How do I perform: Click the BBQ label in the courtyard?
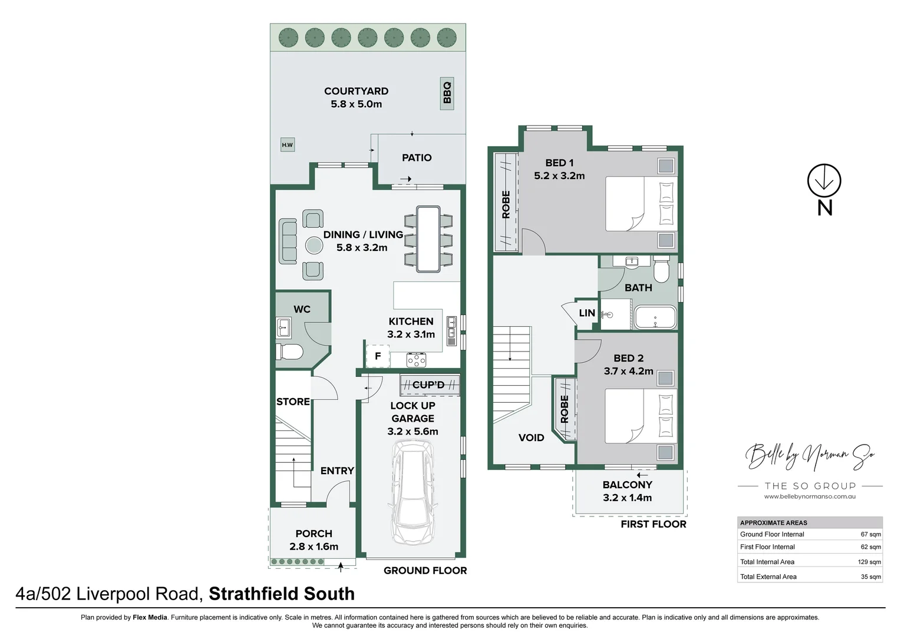(x=447, y=93)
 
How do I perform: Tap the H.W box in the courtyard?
(x=287, y=145)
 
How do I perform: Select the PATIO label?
(x=417, y=158)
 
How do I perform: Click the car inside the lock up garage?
(x=414, y=492)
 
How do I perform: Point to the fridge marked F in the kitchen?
(x=378, y=356)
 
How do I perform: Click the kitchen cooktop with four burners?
(x=416, y=359)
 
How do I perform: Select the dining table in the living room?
(x=428, y=238)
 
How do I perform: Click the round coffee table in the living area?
(x=313, y=245)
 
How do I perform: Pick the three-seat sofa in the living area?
(x=288, y=241)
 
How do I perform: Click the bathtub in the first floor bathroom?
(x=655, y=317)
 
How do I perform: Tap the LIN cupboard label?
(x=587, y=313)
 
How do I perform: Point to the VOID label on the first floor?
(x=531, y=438)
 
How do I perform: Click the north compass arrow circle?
(x=824, y=181)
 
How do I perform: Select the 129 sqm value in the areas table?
(x=869, y=562)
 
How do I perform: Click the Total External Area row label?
(x=768, y=577)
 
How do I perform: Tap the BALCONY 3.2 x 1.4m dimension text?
(x=627, y=498)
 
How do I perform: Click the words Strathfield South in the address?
(x=282, y=594)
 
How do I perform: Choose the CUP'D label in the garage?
(x=428, y=385)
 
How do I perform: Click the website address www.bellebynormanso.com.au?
(x=810, y=496)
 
